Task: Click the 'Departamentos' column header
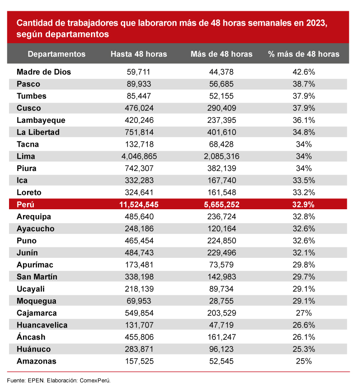click(x=56, y=54)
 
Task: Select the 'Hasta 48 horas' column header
click(x=139, y=54)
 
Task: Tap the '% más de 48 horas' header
click(x=304, y=54)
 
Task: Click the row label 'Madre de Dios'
click(x=44, y=72)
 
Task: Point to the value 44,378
click(x=221, y=72)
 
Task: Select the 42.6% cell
click(x=304, y=72)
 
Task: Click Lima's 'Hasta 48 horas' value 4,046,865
click(x=139, y=156)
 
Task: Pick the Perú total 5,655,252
click(x=222, y=205)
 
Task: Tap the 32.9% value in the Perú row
click(x=303, y=205)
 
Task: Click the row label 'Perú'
click(x=25, y=205)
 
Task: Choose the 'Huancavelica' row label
click(x=42, y=325)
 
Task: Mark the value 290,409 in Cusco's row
click(x=222, y=108)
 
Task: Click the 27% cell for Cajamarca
click(x=304, y=313)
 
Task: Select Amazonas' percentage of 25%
click(x=304, y=361)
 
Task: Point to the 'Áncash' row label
click(x=31, y=337)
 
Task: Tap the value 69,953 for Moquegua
click(x=139, y=301)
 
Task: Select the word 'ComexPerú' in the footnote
click(x=95, y=380)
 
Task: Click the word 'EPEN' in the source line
click(x=36, y=380)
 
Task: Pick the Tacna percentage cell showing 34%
click(x=304, y=144)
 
